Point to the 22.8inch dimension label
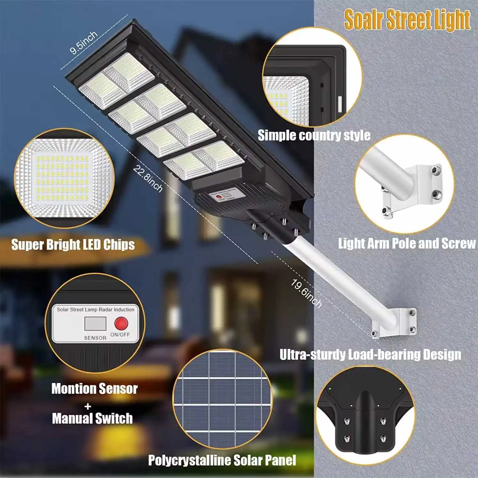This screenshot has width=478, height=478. tap(147, 178)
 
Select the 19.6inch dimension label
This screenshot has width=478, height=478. tap(306, 293)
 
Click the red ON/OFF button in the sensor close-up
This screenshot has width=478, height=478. tap(121, 323)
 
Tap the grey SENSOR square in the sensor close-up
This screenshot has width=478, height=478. tap(95, 324)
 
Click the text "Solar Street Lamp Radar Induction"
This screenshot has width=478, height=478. tap(95, 310)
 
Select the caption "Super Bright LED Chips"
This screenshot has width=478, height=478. tap(73, 245)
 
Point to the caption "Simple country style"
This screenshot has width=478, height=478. tap(314, 135)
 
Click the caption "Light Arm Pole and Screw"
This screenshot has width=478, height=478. tap(407, 244)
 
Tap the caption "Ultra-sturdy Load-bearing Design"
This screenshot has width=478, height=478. tap(370, 355)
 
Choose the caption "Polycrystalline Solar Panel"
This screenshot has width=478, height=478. tap(222, 460)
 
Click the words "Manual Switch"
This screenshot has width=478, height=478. tap(92, 419)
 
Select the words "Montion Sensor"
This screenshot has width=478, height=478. tap(94, 389)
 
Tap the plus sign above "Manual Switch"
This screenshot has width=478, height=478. tap(88, 406)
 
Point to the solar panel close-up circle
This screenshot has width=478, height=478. tap(222, 398)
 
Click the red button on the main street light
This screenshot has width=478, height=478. tap(219, 197)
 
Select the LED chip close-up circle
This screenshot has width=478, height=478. tap(64, 178)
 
